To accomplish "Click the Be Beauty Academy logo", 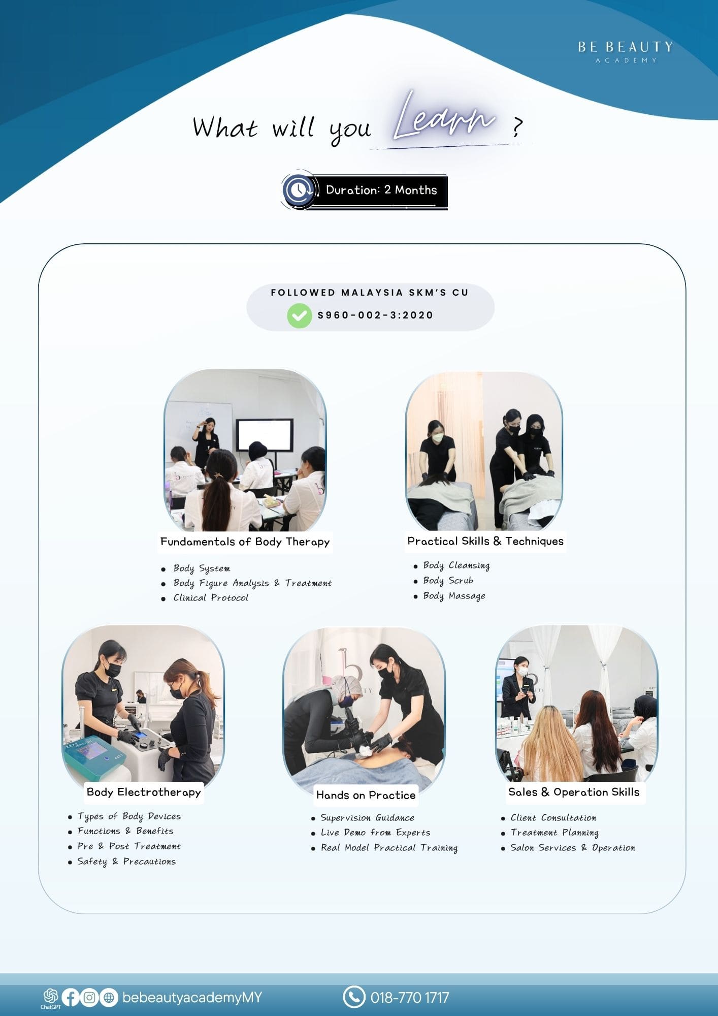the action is pos(625,52).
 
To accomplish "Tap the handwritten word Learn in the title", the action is pos(444,117).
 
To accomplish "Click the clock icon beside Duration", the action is pos(299,190).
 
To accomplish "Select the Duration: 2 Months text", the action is pos(381,190).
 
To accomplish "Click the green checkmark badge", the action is pos(300,315).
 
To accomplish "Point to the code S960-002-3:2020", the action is pos(375,315).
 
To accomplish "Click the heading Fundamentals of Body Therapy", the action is pos(245,542).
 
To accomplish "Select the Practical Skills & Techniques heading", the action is pos(485,541).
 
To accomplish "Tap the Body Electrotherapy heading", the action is pos(144,792).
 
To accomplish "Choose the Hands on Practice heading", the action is pos(366,795).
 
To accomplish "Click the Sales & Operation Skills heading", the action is pos(574,792).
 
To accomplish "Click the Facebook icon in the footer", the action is pos(71,997).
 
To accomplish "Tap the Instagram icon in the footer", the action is pos(89,997).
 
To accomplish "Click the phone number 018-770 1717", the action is pos(410,998).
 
